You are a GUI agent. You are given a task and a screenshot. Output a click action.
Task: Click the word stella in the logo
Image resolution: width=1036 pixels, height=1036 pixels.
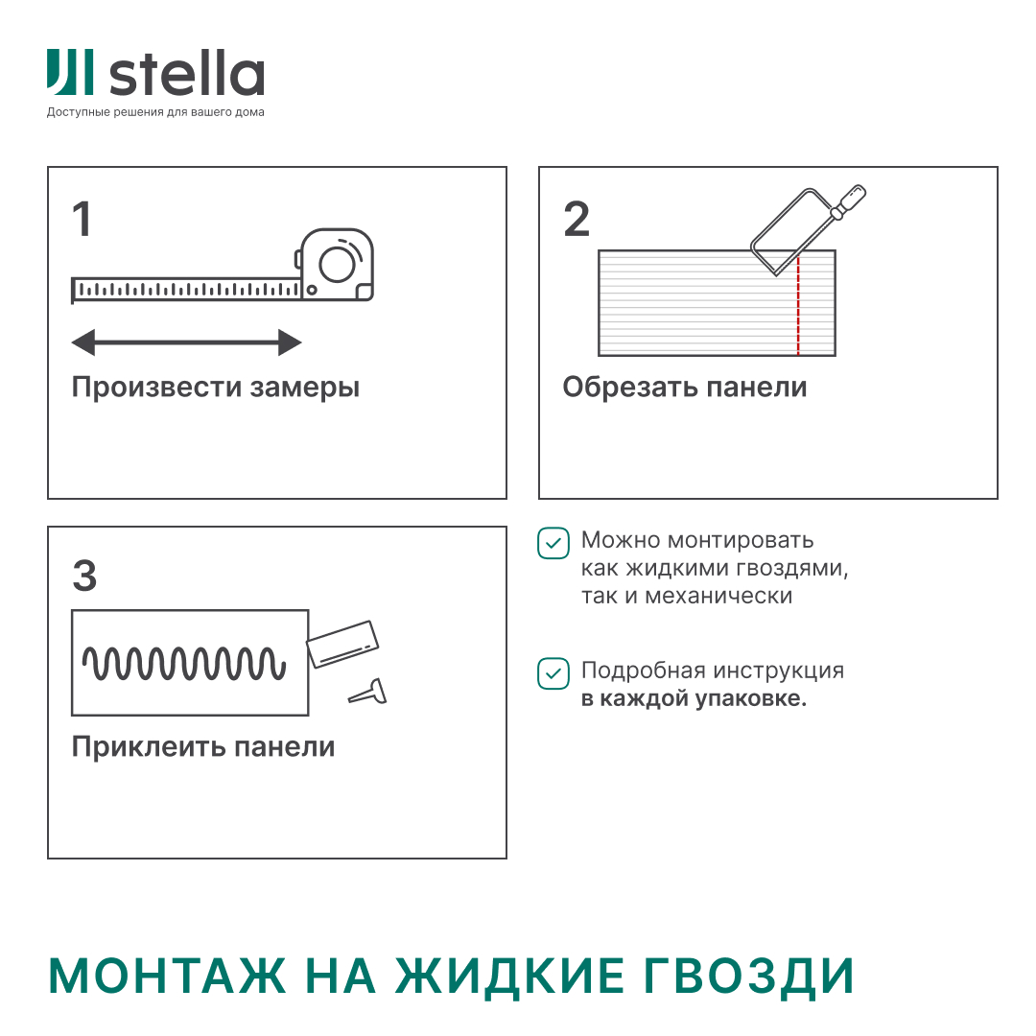click(x=187, y=75)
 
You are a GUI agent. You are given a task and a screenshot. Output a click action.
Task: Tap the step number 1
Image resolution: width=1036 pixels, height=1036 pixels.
click(x=82, y=220)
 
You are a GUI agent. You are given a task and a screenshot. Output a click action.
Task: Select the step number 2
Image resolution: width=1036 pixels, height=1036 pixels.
click(x=577, y=220)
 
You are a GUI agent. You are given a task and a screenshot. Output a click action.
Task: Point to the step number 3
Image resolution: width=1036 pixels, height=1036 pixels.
click(x=84, y=577)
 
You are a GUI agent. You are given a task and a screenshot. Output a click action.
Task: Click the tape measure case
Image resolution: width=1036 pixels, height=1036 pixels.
click(x=336, y=264)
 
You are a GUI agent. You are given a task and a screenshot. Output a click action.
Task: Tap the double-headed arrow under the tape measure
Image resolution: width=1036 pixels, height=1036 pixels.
click(x=187, y=342)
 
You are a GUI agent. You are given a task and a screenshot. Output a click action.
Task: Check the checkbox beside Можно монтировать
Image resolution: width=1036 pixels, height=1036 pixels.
click(x=553, y=542)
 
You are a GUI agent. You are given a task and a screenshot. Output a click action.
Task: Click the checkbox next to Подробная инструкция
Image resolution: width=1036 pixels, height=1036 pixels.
click(x=553, y=672)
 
